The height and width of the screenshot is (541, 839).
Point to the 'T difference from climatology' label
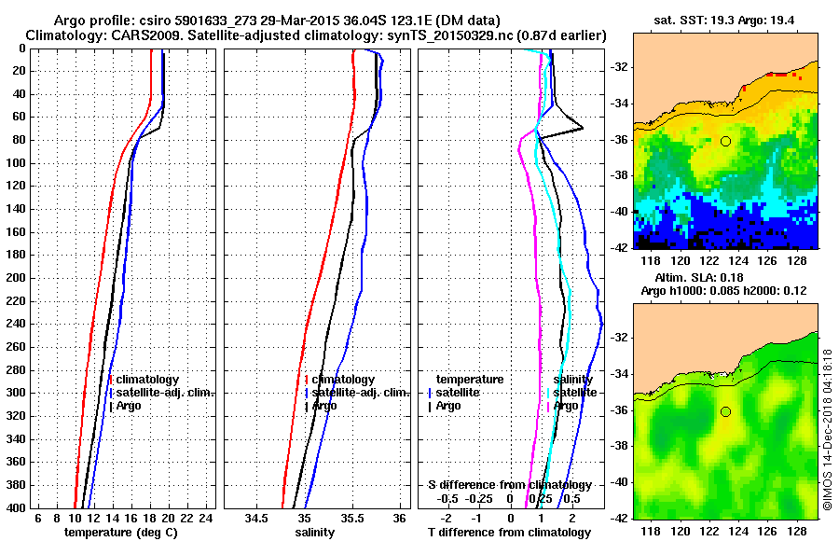(x=509, y=533)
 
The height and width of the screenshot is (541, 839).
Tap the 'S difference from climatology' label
(x=509, y=485)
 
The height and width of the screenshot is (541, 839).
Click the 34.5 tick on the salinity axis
(x=256, y=518)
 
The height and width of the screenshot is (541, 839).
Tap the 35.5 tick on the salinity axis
(x=351, y=518)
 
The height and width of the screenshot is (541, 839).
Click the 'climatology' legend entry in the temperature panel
(x=147, y=380)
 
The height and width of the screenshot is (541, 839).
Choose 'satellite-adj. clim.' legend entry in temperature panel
(x=165, y=393)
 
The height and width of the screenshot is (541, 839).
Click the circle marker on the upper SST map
(x=725, y=141)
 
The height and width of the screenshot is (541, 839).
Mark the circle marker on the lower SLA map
(x=725, y=411)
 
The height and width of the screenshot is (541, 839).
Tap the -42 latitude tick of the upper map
(x=620, y=247)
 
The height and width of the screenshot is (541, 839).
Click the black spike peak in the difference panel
(x=584, y=129)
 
